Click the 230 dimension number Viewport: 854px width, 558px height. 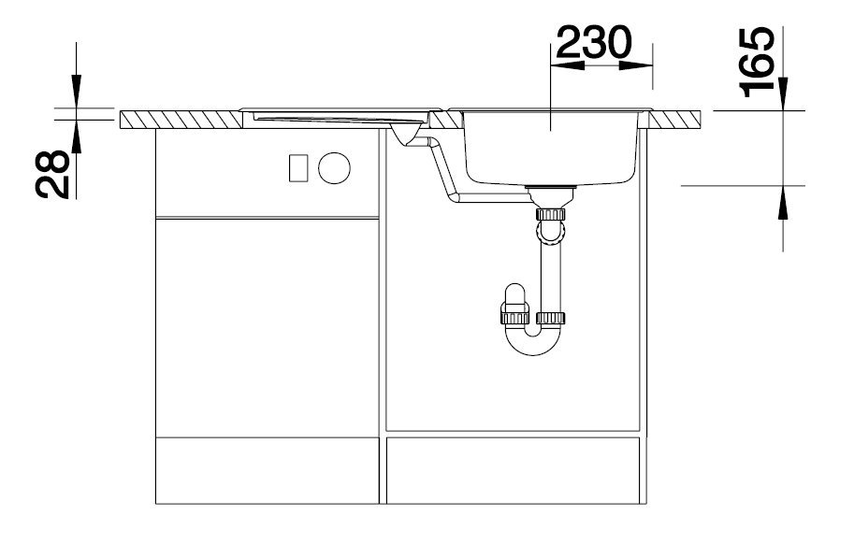(593, 42)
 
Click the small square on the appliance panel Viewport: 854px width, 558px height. (298, 167)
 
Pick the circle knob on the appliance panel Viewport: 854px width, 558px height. (334, 168)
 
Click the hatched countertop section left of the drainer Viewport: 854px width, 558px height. (181, 119)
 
